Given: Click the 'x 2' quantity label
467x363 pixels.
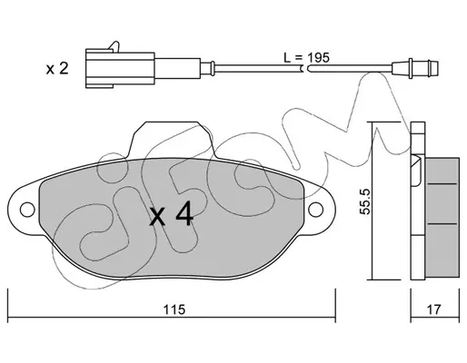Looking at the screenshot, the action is (57, 69).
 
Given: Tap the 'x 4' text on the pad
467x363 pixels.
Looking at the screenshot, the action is (172, 214).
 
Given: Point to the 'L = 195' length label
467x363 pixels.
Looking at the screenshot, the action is (306, 57).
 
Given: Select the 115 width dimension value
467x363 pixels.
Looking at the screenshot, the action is (174, 309).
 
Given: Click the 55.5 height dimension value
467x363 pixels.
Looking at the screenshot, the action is (364, 201).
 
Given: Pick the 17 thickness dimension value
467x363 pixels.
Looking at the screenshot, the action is (434, 309).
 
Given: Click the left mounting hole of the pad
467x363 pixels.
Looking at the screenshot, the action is (27, 210).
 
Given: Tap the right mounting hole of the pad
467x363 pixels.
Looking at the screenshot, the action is (316, 210).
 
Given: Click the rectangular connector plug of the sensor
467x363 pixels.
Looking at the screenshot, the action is (120, 68).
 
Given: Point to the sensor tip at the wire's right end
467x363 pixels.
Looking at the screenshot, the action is (415, 68).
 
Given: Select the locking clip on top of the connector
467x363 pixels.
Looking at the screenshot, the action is (114, 46).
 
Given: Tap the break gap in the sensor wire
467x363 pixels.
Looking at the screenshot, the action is (305, 69).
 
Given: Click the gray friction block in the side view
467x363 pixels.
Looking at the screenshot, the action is (442, 217).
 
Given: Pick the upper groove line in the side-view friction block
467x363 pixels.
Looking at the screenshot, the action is (442, 183).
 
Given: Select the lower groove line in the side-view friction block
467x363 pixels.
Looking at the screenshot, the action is (442, 224).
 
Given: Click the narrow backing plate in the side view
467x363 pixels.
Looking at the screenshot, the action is (418, 201).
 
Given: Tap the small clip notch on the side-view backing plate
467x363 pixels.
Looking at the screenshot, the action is (415, 171).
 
